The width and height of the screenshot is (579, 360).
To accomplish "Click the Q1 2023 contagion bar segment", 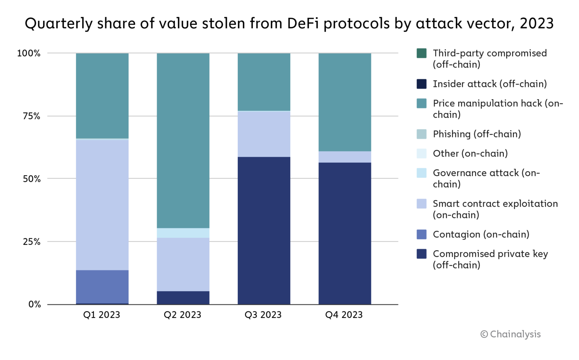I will click(x=102, y=287).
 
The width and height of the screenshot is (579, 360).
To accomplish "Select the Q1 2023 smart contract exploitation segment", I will click(x=102, y=205).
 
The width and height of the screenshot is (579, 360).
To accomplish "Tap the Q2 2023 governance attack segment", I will click(x=183, y=233).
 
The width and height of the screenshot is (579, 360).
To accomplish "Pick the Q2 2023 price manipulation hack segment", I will click(x=183, y=141).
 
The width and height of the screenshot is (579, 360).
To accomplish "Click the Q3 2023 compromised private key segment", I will click(x=264, y=230).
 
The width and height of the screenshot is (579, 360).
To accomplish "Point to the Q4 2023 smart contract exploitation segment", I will click(x=345, y=157).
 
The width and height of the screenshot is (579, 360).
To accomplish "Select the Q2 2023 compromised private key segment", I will click(x=183, y=297).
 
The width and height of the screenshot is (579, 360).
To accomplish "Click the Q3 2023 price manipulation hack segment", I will click(x=264, y=82).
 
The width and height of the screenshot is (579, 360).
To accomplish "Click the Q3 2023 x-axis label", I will click(x=263, y=315).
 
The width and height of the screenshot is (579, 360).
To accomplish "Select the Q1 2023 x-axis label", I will click(x=102, y=315).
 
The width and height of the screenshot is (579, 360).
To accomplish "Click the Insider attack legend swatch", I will click(x=422, y=84).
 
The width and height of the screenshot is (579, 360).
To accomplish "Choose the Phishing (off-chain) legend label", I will click(x=477, y=134).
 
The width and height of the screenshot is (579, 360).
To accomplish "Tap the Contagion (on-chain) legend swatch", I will click(x=422, y=234).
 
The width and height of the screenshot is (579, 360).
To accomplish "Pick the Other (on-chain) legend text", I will click(x=470, y=153).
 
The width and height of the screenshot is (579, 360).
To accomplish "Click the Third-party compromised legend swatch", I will click(x=422, y=53).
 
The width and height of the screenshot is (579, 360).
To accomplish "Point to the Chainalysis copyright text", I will click(x=510, y=334).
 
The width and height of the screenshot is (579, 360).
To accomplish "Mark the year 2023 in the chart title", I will click(x=537, y=24).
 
